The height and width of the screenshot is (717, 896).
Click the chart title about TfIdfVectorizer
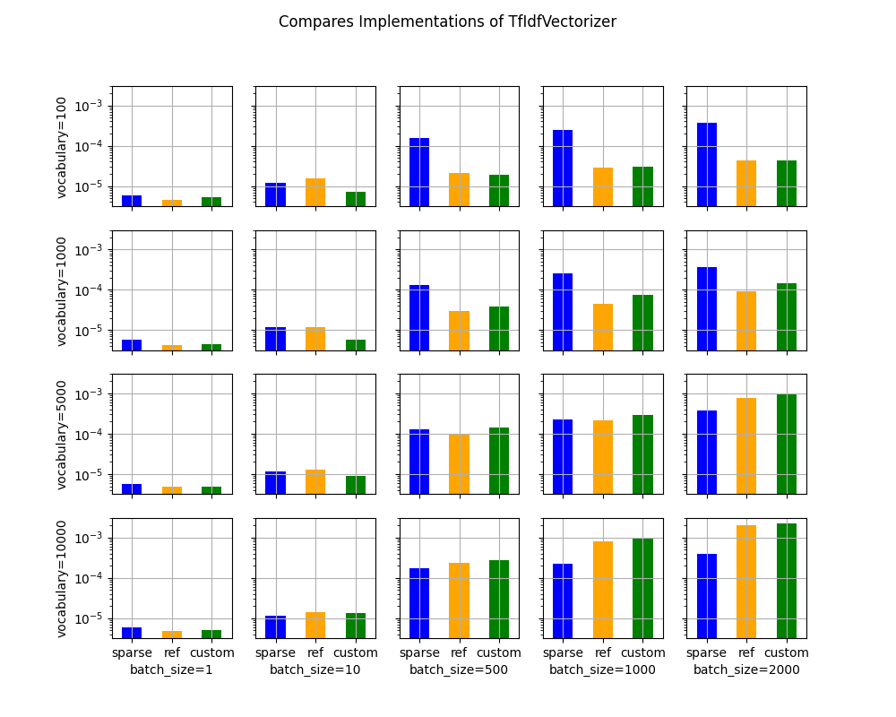[447, 22]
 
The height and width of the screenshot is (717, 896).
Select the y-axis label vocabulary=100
[62, 147]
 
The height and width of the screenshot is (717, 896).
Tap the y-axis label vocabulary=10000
[62, 578]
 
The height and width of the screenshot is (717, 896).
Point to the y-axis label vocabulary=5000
[62, 435]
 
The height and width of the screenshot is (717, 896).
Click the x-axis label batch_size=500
[459, 669]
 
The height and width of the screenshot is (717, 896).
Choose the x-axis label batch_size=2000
[746, 669]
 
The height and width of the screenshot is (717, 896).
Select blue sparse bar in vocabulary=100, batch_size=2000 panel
[706, 165]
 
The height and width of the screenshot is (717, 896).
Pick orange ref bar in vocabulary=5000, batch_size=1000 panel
[603, 457]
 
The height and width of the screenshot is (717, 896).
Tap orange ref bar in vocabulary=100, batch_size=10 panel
[315, 193]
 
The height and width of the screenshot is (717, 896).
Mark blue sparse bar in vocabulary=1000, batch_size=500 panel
[419, 317]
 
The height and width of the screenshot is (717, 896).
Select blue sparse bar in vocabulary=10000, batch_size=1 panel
[132, 632]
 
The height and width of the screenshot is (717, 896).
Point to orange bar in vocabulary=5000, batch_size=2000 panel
[746, 445]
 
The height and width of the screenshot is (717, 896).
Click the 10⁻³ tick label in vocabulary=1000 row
[90, 250]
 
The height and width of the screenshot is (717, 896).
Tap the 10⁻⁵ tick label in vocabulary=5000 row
[90, 475]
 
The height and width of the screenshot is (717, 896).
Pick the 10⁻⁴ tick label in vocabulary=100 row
[90, 147]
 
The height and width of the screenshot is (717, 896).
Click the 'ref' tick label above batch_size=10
[315, 652]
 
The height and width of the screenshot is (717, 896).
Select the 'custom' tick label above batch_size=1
[212, 652]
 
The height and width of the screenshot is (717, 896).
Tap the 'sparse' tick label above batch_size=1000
[563, 652]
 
